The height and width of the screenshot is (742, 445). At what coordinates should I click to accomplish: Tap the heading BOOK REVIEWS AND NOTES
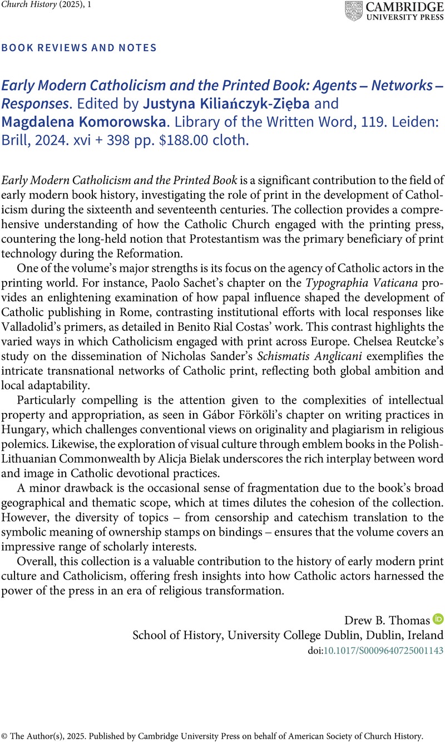click(80, 48)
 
